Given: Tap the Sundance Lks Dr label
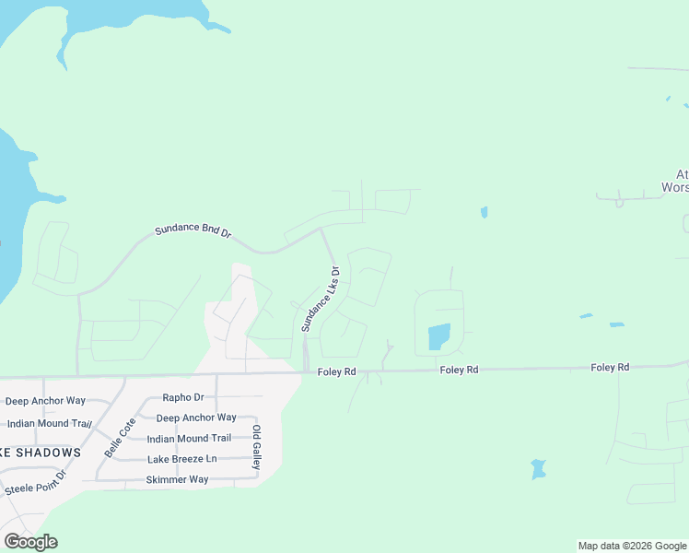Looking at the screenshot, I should point(320,300).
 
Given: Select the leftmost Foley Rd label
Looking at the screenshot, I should point(336,371).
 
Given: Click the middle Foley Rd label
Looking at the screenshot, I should point(459,370).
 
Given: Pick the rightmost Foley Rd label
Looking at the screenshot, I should point(610,368).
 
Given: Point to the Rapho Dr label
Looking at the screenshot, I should point(181,398).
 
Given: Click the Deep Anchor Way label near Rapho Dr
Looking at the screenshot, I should point(196,418).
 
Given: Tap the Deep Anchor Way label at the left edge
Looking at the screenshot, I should point(44,401).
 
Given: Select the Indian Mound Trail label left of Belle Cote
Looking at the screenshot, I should point(49,424).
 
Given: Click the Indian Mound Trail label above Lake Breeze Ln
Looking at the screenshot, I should point(189,439).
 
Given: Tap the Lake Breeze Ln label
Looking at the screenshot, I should point(181,459).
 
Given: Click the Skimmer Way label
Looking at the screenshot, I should point(177,480).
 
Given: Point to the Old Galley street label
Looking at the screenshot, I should point(257,447).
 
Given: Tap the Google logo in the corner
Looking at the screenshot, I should point(30,542).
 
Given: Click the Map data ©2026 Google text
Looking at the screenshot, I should point(632,546).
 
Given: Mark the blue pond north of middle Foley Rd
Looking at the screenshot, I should point(439,337).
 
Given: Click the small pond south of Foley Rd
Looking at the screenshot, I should point(539,469).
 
